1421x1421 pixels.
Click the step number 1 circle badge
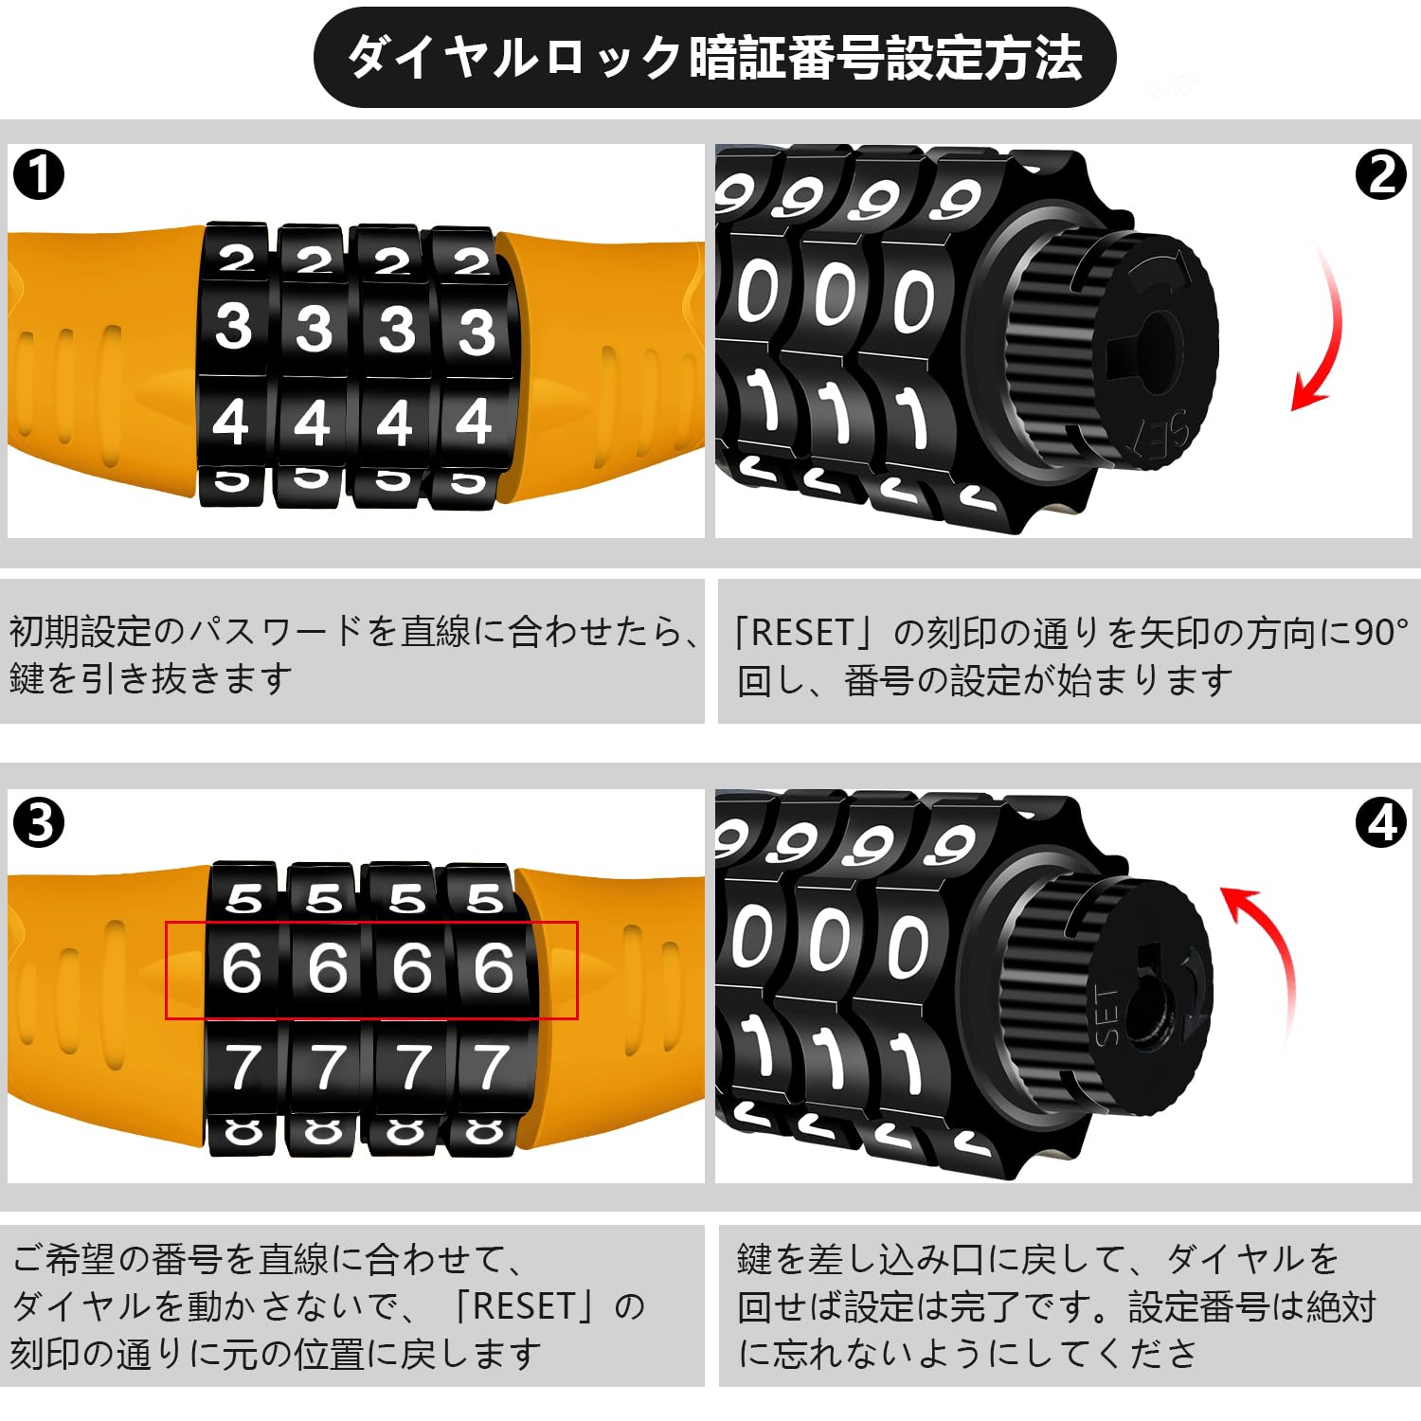40,175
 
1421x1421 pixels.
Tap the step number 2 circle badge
1381,175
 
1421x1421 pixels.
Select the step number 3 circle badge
40,822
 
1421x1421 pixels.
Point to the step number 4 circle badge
1381,822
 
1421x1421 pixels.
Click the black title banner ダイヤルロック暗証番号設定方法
714,57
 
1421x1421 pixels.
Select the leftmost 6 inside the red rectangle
242,968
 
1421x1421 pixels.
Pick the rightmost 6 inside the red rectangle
494,968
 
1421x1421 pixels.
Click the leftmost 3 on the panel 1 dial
233,326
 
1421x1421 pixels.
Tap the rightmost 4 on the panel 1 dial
474,421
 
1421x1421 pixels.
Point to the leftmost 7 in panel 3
243,1067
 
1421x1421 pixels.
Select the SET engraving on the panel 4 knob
1106,1015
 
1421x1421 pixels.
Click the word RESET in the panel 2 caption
800,633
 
